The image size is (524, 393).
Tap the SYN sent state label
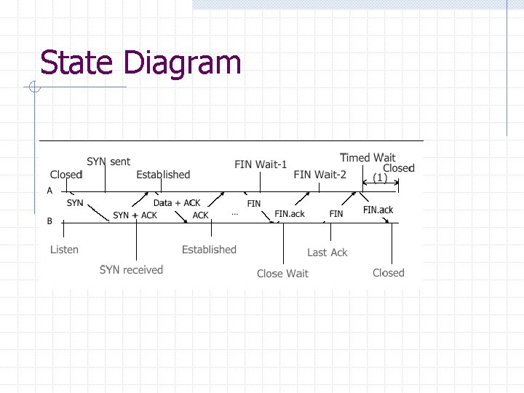click(108, 161)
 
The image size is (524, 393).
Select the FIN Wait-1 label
click(261, 164)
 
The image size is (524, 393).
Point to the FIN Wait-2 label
click(319, 175)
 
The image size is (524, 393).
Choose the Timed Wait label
click(368, 157)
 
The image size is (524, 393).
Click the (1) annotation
click(380, 177)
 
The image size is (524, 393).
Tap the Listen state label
click(64, 250)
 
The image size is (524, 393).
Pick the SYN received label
click(131, 270)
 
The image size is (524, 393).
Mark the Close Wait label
click(282, 274)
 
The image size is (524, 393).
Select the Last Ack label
click(327, 253)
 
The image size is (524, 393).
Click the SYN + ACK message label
click(135, 215)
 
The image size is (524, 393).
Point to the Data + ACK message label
click(177, 203)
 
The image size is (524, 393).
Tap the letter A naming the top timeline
click(49, 191)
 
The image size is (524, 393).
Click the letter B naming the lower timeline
click(49, 221)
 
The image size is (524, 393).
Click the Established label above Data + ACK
click(163, 175)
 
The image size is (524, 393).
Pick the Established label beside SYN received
click(209, 250)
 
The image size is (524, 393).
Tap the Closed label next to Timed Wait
click(398, 167)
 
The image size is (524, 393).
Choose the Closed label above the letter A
click(66, 175)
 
